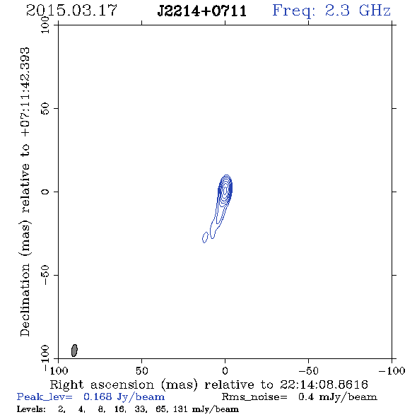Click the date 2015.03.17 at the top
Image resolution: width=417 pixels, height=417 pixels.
(71, 11)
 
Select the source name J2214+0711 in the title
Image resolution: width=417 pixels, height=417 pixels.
(202, 11)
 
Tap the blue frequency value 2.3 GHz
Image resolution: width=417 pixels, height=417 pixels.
(358, 11)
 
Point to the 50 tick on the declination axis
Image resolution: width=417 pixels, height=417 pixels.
(45, 109)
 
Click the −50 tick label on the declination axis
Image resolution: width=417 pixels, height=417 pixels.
(45, 275)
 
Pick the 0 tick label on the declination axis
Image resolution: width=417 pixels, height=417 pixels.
(45, 192)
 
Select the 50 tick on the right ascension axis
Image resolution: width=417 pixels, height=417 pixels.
(141, 370)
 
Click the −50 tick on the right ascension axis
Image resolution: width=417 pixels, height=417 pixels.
(308, 370)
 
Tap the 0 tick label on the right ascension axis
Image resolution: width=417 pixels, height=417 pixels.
(225, 370)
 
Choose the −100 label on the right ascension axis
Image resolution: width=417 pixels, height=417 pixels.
(392, 370)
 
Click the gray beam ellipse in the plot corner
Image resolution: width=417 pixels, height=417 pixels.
(74, 351)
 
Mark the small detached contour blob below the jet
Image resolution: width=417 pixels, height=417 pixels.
(205, 237)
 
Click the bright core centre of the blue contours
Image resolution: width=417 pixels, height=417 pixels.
(225, 190)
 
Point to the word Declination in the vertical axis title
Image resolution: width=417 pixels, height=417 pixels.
(25, 300)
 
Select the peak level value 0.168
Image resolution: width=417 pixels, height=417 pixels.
(98, 397)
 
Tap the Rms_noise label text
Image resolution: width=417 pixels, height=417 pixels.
(254, 397)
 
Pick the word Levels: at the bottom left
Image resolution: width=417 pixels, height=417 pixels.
(31, 409)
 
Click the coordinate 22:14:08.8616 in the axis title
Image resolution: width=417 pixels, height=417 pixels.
(324, 384)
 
